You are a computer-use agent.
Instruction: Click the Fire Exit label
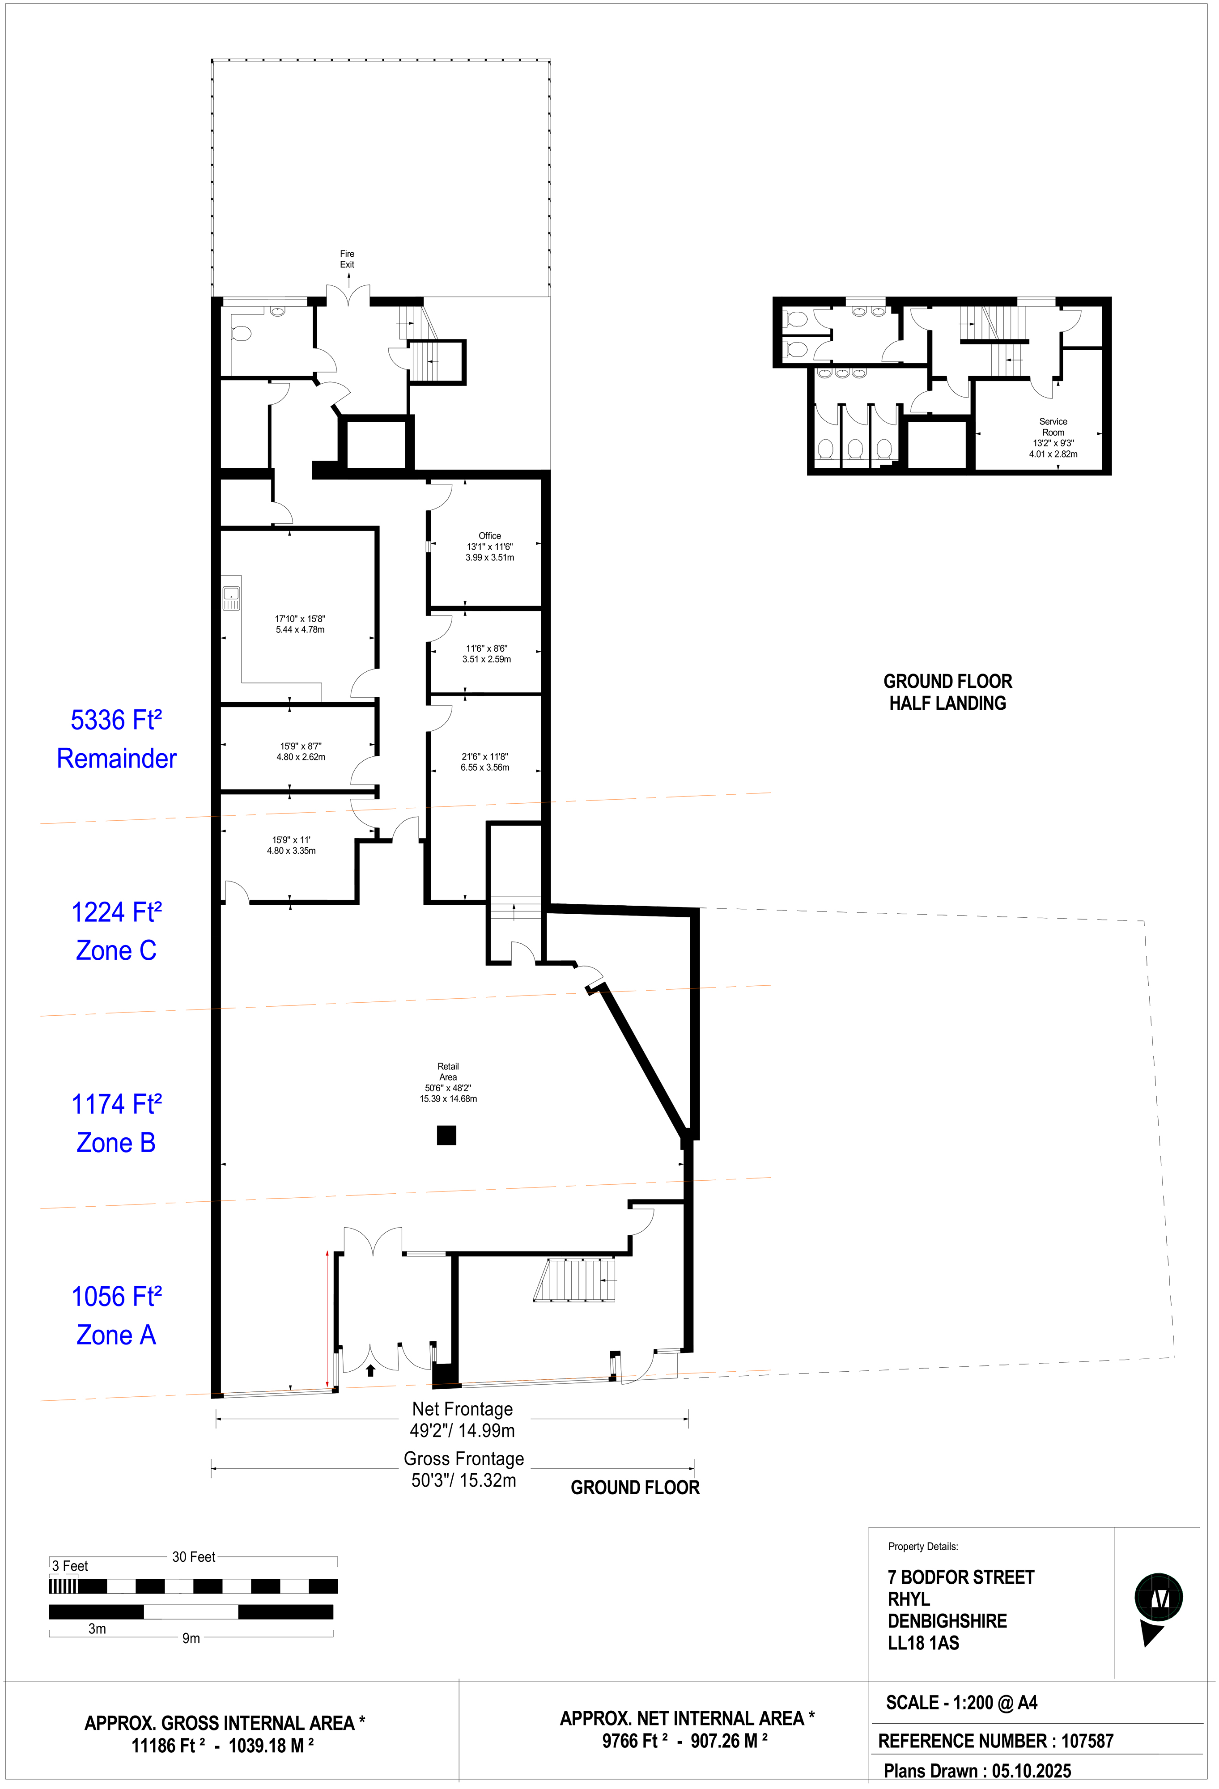[347, 259]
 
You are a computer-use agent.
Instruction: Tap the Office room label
[490, 536]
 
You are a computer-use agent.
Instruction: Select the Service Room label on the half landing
[1053, 427]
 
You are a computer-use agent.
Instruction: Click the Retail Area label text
[448, 1072]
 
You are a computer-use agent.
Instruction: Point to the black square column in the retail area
[446, 1135]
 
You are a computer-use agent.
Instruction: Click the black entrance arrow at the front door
[370, 1370]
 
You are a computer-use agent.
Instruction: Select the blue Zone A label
[116, 1335]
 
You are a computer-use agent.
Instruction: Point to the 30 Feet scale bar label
[193, 1556]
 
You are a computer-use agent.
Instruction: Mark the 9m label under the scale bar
[191, 1638]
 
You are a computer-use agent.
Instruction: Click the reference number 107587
[1087, 1741]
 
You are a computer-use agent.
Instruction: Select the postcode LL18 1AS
[923, 1643]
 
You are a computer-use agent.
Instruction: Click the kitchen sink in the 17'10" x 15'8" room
[231, 598]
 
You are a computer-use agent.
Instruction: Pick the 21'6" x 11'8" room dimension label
[485, 762]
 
